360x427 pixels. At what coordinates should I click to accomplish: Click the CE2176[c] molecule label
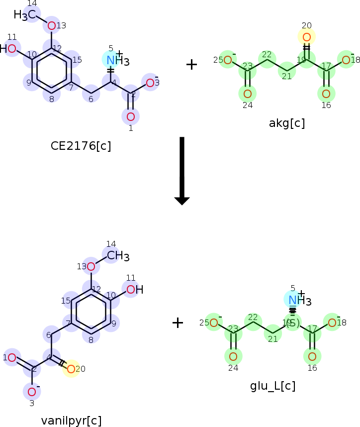pos(81,146)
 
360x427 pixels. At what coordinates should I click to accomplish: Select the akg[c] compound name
pos(287,123)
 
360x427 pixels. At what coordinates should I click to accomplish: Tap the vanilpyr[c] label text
pos(72,421)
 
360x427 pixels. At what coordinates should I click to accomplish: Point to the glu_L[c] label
pos(273,386)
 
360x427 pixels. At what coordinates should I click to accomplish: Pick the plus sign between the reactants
pos(191,64)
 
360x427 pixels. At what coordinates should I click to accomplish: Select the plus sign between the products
pos(178,322)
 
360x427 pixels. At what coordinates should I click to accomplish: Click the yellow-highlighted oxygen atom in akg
pos(306,37)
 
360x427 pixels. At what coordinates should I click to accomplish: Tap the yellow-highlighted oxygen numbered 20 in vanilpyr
pos(71,369)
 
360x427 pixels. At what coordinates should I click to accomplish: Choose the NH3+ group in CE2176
pos(116,60)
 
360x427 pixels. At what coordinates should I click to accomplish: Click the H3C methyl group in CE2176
pos(25,15)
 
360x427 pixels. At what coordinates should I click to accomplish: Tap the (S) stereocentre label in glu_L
pos(292,323)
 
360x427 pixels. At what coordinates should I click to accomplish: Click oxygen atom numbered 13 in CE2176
pos(51,25)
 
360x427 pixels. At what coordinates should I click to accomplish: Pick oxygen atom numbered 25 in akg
pos(228,60)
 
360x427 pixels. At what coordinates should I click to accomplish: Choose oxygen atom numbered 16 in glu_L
pos(312,356)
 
